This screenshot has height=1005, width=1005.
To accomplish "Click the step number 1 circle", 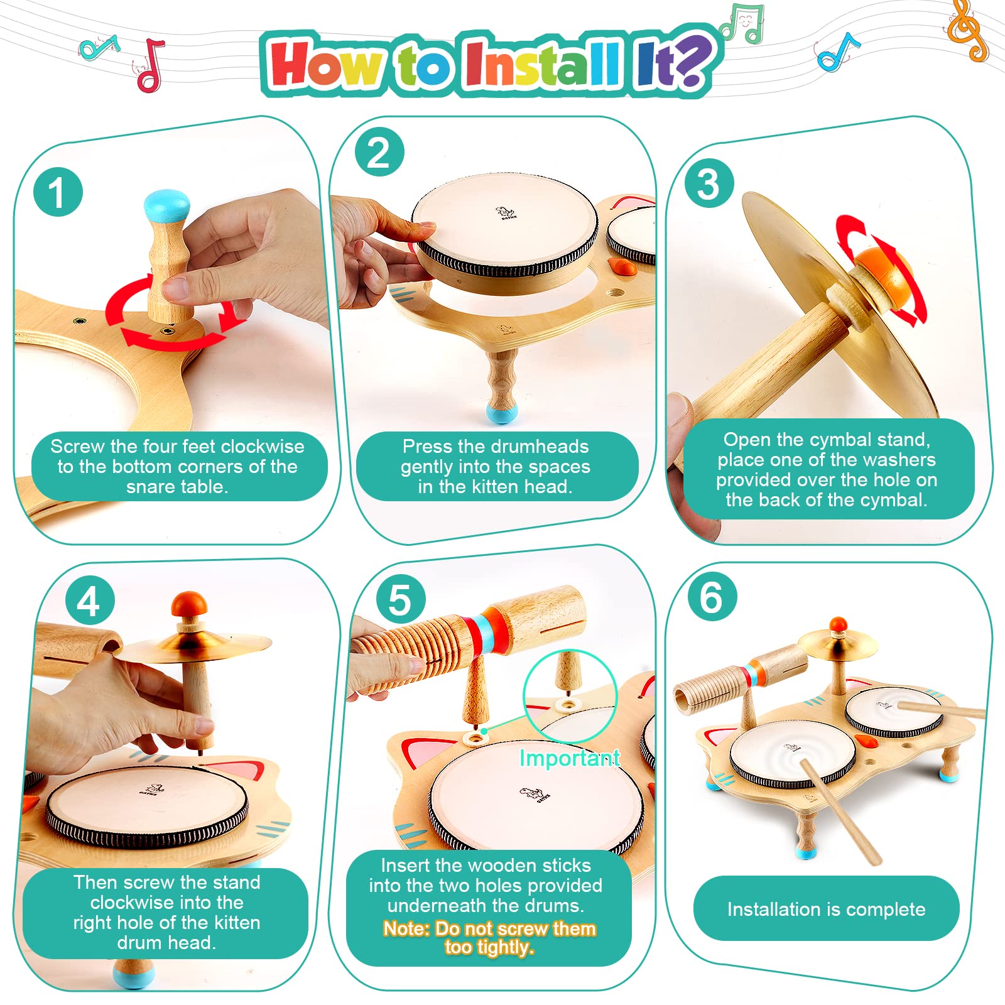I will [x=58, y=193].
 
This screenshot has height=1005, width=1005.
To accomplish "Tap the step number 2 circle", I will [x=379, y=153].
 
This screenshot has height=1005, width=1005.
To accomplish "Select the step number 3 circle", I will [x=709, y=184].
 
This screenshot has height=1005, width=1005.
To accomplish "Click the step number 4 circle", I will [x=89, y=601].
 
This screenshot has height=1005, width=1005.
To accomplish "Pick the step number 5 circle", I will [x=400, y=599].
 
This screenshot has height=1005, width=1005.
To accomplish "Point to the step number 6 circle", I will [x=711, y=597].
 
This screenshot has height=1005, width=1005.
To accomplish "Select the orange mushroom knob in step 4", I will [x=189, y=604].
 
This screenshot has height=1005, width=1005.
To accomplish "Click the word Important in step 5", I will [x=570, y=758].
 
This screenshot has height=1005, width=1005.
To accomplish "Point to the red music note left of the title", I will [x=151, y=65].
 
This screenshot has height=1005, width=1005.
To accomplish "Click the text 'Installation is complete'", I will [x=826, y=909].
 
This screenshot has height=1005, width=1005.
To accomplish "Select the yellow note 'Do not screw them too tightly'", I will [x=489, y=938].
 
